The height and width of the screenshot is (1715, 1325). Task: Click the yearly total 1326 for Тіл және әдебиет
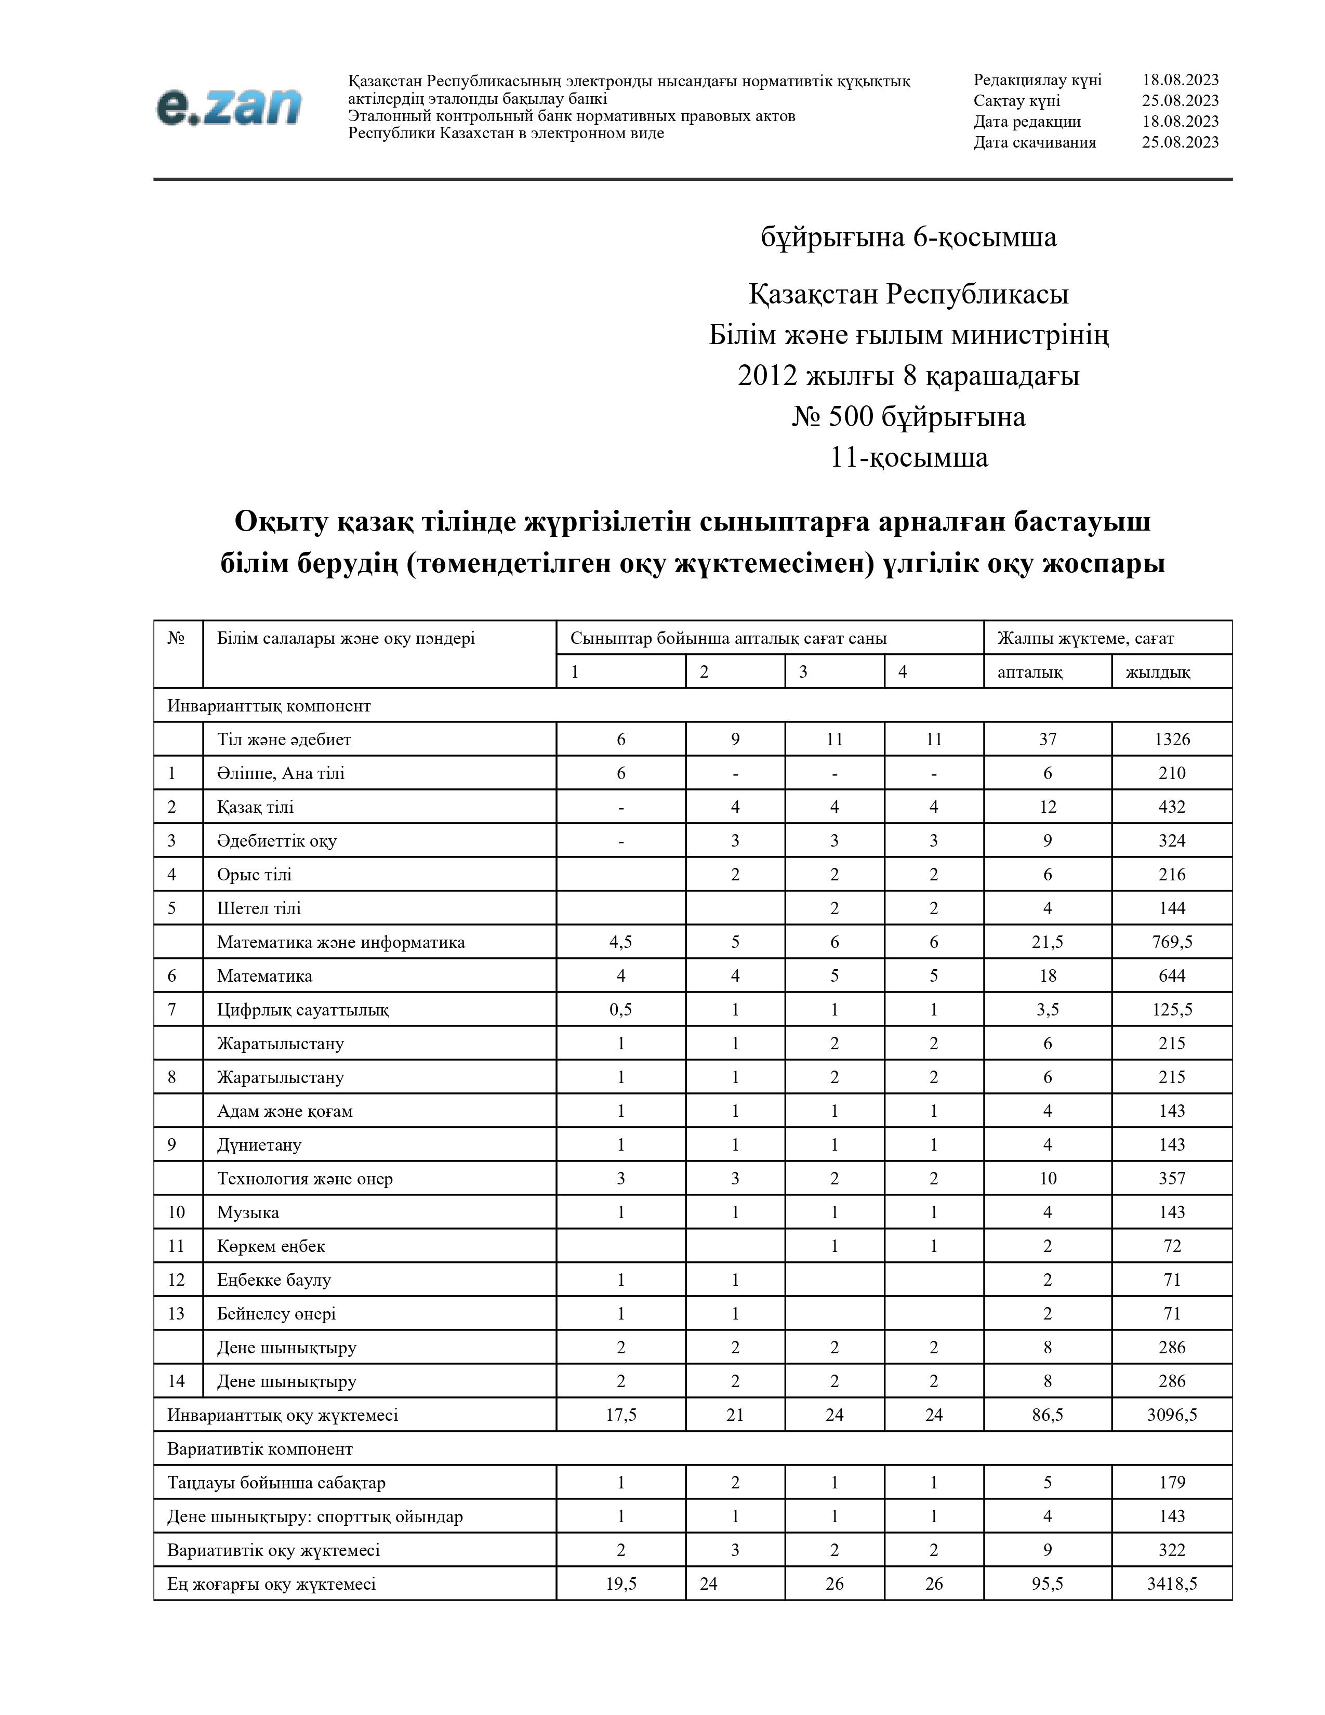click(x=1171, y=739)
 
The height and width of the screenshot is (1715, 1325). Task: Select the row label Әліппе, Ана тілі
click(x=280, y=773)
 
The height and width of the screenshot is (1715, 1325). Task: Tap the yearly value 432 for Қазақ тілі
click(x=1171, y=807)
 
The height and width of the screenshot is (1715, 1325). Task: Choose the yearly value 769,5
click(x=1171, y=942)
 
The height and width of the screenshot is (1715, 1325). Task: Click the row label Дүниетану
click(x=259, y=1144)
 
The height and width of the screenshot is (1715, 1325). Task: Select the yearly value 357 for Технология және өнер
click(x=1171, y=1178)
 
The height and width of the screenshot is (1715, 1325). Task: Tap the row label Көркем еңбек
click(x=271, y=1245)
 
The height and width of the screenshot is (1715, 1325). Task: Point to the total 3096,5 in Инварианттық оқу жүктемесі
click(x=1171, y=1414)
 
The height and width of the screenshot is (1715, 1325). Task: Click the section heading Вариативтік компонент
click(x=260, y=1448)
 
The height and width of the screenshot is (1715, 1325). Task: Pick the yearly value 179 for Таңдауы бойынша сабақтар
click(x=1171, y=1482)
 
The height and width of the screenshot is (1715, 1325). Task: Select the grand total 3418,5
click(x=1171, y=1583)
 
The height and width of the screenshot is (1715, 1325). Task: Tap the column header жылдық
click(x=1157, y=671)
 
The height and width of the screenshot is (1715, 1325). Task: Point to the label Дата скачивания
click(x=1035, y=142)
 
